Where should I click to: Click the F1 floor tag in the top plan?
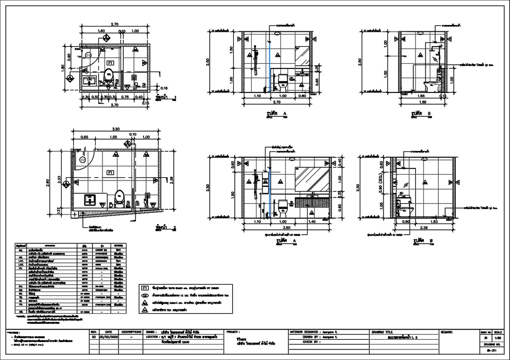point(110,63)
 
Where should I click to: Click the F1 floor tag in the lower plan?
point(110,173)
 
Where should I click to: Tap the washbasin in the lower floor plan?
point(91,200)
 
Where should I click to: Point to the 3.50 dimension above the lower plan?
point(115,129)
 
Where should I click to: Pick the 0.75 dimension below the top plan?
point(125,97)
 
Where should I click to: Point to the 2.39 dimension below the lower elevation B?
point(423,227)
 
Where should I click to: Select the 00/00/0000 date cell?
point(108,337)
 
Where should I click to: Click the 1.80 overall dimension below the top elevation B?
point(423,102)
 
